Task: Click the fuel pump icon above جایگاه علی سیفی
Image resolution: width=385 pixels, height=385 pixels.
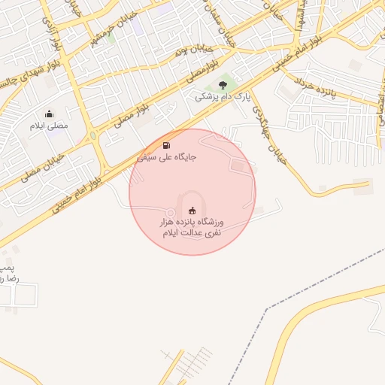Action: (166, 145)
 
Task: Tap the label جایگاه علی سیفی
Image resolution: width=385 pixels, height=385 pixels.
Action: (166, 158)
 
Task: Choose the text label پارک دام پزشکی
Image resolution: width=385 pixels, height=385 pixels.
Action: (222, 97)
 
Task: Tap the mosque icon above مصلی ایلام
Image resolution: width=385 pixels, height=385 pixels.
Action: (49, 114)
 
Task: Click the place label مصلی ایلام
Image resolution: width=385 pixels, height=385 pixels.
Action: (49, 126)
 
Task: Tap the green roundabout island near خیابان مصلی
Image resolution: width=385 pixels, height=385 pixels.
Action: (92, 136)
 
